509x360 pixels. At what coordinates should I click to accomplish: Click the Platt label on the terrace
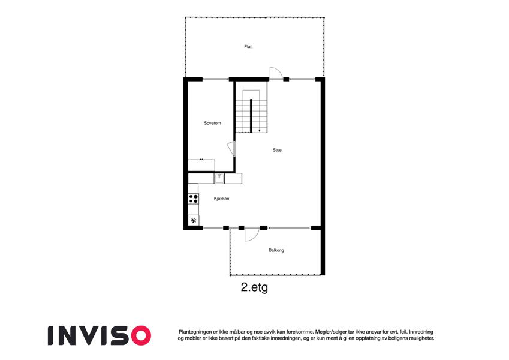click(x=248, y=47)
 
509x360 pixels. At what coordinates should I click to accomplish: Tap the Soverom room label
click(x=212, y=123)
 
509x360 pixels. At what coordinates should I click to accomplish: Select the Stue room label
click(x=277, y=150)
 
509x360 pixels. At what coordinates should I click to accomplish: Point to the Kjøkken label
click(x=221, y=199)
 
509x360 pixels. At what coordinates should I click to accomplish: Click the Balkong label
click(x=276, y=250)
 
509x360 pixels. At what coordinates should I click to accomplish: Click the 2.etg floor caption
click(x=254, y=287)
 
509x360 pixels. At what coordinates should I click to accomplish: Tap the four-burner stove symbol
click(x=193, y=199)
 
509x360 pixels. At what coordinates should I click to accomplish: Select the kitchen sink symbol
click(x=219, y=178)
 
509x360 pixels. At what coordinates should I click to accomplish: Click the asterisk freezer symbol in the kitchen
click(x=194, y=221)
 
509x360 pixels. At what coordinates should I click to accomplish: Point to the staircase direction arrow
click(x=260, y=131)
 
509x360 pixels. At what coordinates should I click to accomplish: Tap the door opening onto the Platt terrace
click(x=276, y=73)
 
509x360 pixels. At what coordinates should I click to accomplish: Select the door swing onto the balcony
click(x=252, y=235)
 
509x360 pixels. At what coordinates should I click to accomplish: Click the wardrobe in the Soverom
click(x=201, y=165)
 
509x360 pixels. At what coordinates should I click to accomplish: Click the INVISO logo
click(x=100, y=335)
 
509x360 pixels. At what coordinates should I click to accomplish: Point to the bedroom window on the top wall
click(x=216, y=79)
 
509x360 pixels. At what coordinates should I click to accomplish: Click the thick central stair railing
click(x=251, y=116)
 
